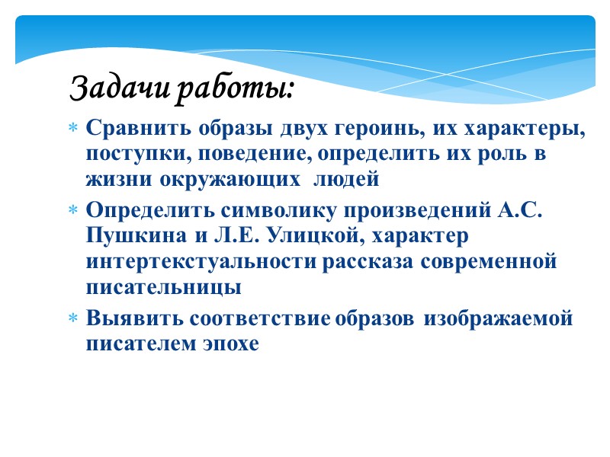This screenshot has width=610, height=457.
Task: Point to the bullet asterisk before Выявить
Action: pos(73,321)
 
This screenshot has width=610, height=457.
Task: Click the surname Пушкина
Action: pos(131,235)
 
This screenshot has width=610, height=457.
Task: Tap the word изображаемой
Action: pos(498,318)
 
